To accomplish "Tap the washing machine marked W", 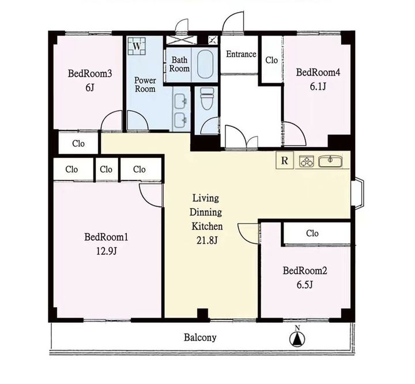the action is click(137, 46).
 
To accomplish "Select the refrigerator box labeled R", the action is click(285, 160).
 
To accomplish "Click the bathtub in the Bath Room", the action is click(206, 65).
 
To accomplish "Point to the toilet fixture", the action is click(207, 99).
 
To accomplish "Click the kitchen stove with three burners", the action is click(307, 161).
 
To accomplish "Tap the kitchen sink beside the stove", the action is click(330, 161).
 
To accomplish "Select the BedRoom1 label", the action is click(106, 237).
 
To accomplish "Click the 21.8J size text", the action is click(207, 240).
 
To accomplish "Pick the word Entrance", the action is click(241, 54).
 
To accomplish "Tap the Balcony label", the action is click(200, 337).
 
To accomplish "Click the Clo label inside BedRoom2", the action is click(312, 234).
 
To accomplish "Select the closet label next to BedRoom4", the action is click(271, 60).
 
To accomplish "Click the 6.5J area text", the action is click(305, 285).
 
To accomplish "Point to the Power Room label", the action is click(145, 84).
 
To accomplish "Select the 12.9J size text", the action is click(106, 251).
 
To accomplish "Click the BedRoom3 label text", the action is click(90, 73).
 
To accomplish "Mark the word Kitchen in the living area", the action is click(207, 227).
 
